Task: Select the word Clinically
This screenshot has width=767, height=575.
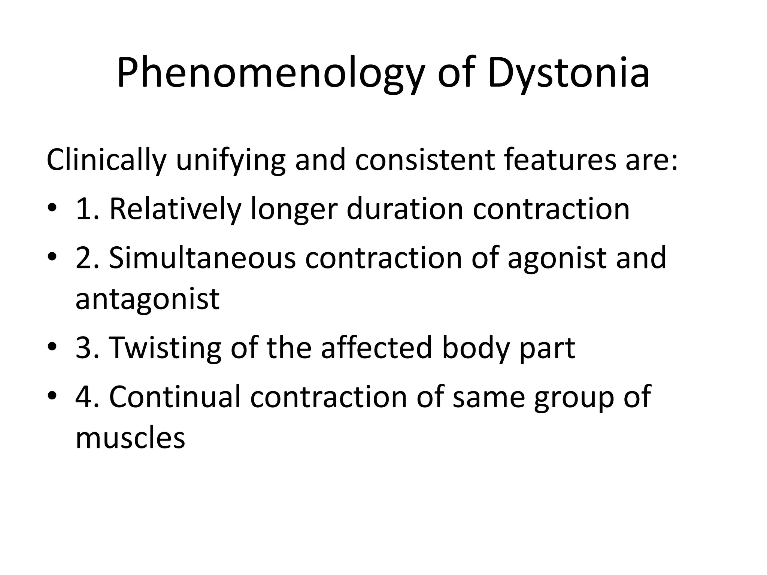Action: [106, 160]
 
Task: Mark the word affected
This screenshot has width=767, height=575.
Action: [376, 348]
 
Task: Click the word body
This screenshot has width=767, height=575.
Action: [476, 348]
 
